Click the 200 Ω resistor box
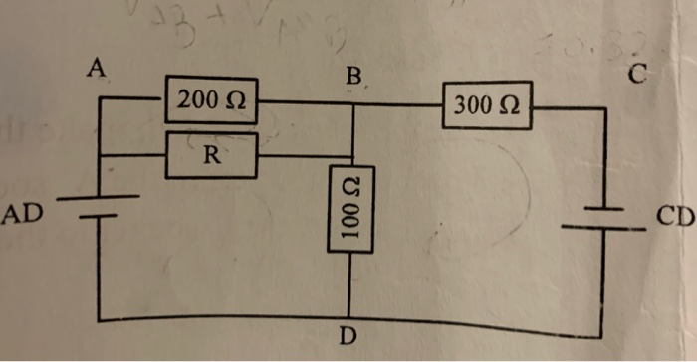coord(213,100)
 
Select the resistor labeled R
coord(213,156)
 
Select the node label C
coord(638,73)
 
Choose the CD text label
coord(674,214)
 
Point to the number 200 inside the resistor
coord(199,100)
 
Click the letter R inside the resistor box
coord(213,156)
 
